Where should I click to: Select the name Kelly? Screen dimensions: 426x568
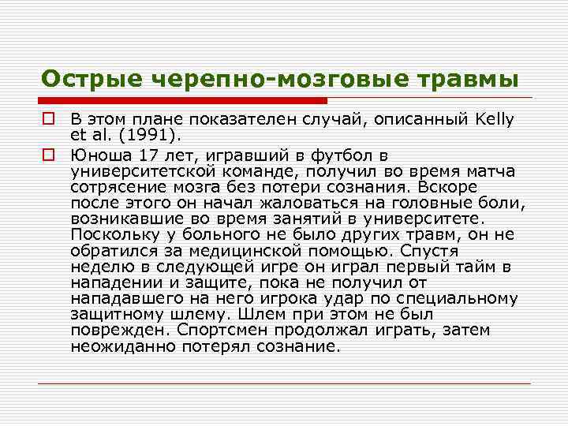495,119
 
